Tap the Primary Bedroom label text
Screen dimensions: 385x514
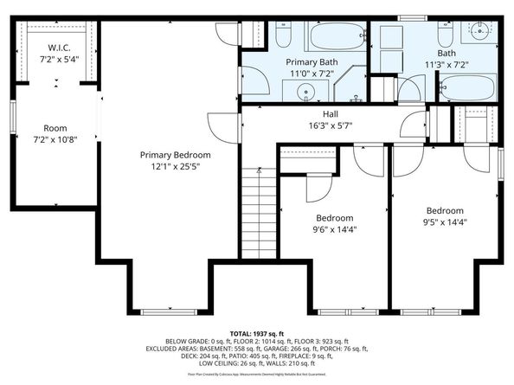(176, 155)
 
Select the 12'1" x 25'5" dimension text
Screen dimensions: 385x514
(176, 166)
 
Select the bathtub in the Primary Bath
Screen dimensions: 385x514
(334, 36)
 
